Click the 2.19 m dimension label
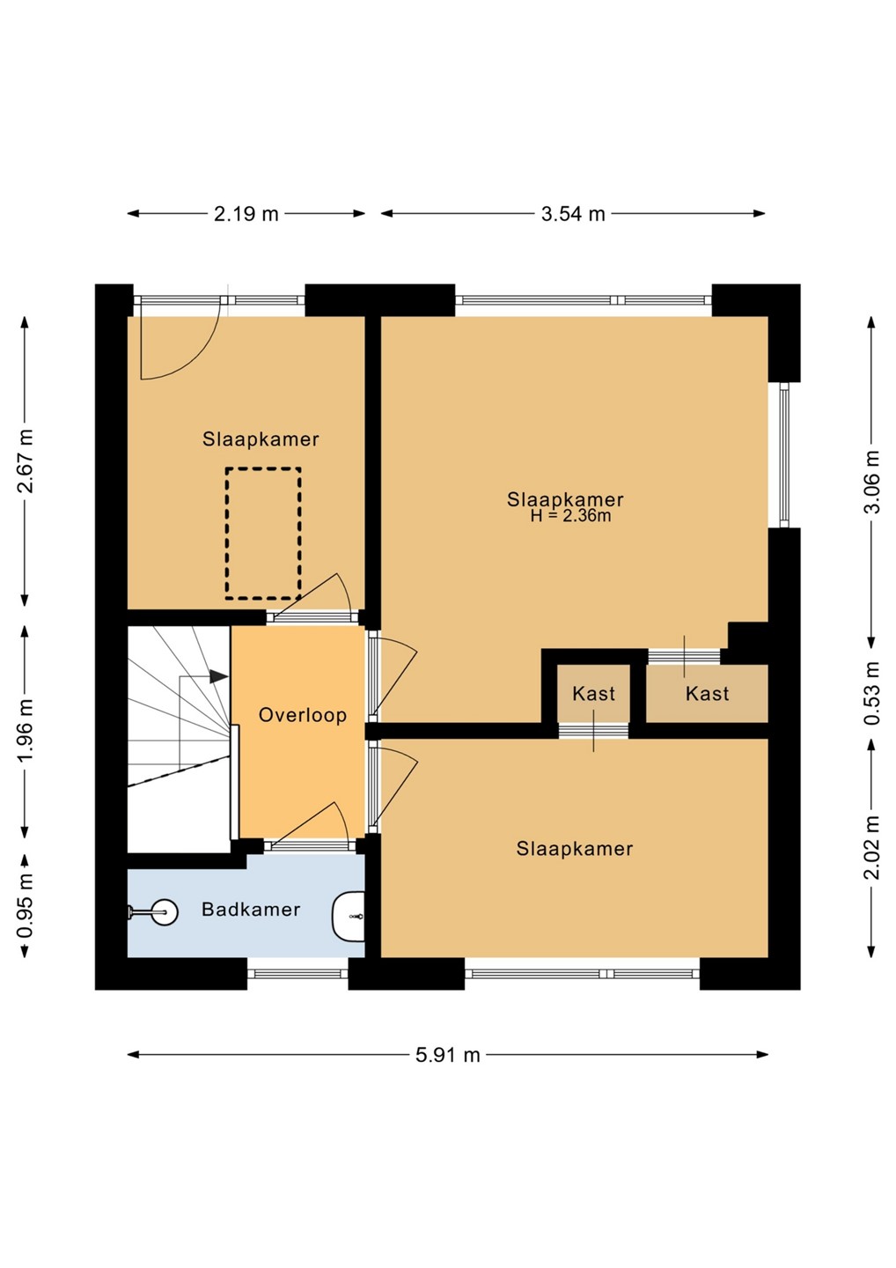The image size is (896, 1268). [x=246, y=214]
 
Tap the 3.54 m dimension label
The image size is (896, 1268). [x=573, y=214]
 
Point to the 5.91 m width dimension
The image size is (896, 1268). [x=447, y=1055]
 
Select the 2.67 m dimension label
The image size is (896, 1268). [x=26, y=461]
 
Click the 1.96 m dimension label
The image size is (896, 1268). [x=26, y=732]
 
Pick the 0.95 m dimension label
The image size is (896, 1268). [x=26, y=906]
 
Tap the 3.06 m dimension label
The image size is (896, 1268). [x=871, y=481]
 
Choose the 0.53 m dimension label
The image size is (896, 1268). [x=871, y=693]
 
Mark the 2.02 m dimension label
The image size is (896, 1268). [x=871, y=847]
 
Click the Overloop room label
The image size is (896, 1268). [x=303, y=715]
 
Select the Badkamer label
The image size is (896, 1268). [x=251, y=909]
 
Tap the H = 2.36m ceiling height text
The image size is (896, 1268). [x=570, y=516]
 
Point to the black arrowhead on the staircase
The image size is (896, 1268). [x=219, y=676]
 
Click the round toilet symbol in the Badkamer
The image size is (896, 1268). [x=164, y=912]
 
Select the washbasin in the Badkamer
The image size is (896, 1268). [x=349, y=917]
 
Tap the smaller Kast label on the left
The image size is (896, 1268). [x=593, y=694]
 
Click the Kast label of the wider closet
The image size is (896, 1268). [x=707, y=694]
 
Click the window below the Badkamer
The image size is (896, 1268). [x=298, y=974]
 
